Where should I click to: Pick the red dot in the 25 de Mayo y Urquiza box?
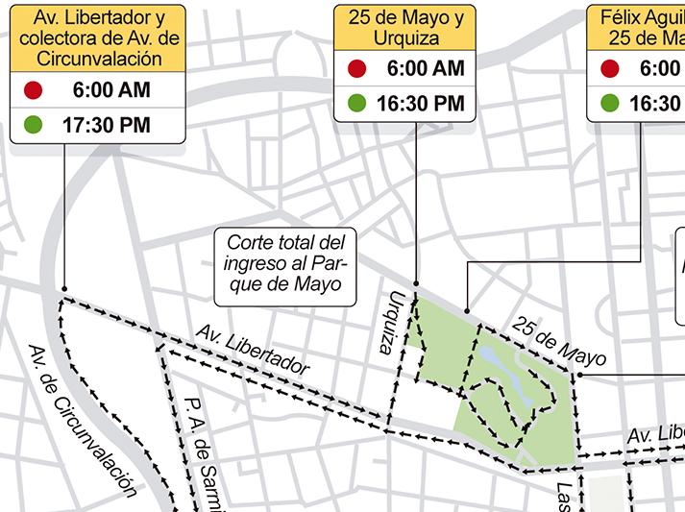pos(357,68)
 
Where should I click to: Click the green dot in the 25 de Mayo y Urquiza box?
pos(357,103)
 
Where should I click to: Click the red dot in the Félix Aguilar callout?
pos(610,68)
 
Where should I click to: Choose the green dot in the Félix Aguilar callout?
pos(610,103)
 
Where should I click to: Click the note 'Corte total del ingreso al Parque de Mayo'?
pos(284,261)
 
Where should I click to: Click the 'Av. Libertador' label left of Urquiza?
pos(253,351)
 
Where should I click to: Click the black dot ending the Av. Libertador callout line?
pos(63,288)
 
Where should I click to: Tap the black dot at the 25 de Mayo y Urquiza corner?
pos(417,283)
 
